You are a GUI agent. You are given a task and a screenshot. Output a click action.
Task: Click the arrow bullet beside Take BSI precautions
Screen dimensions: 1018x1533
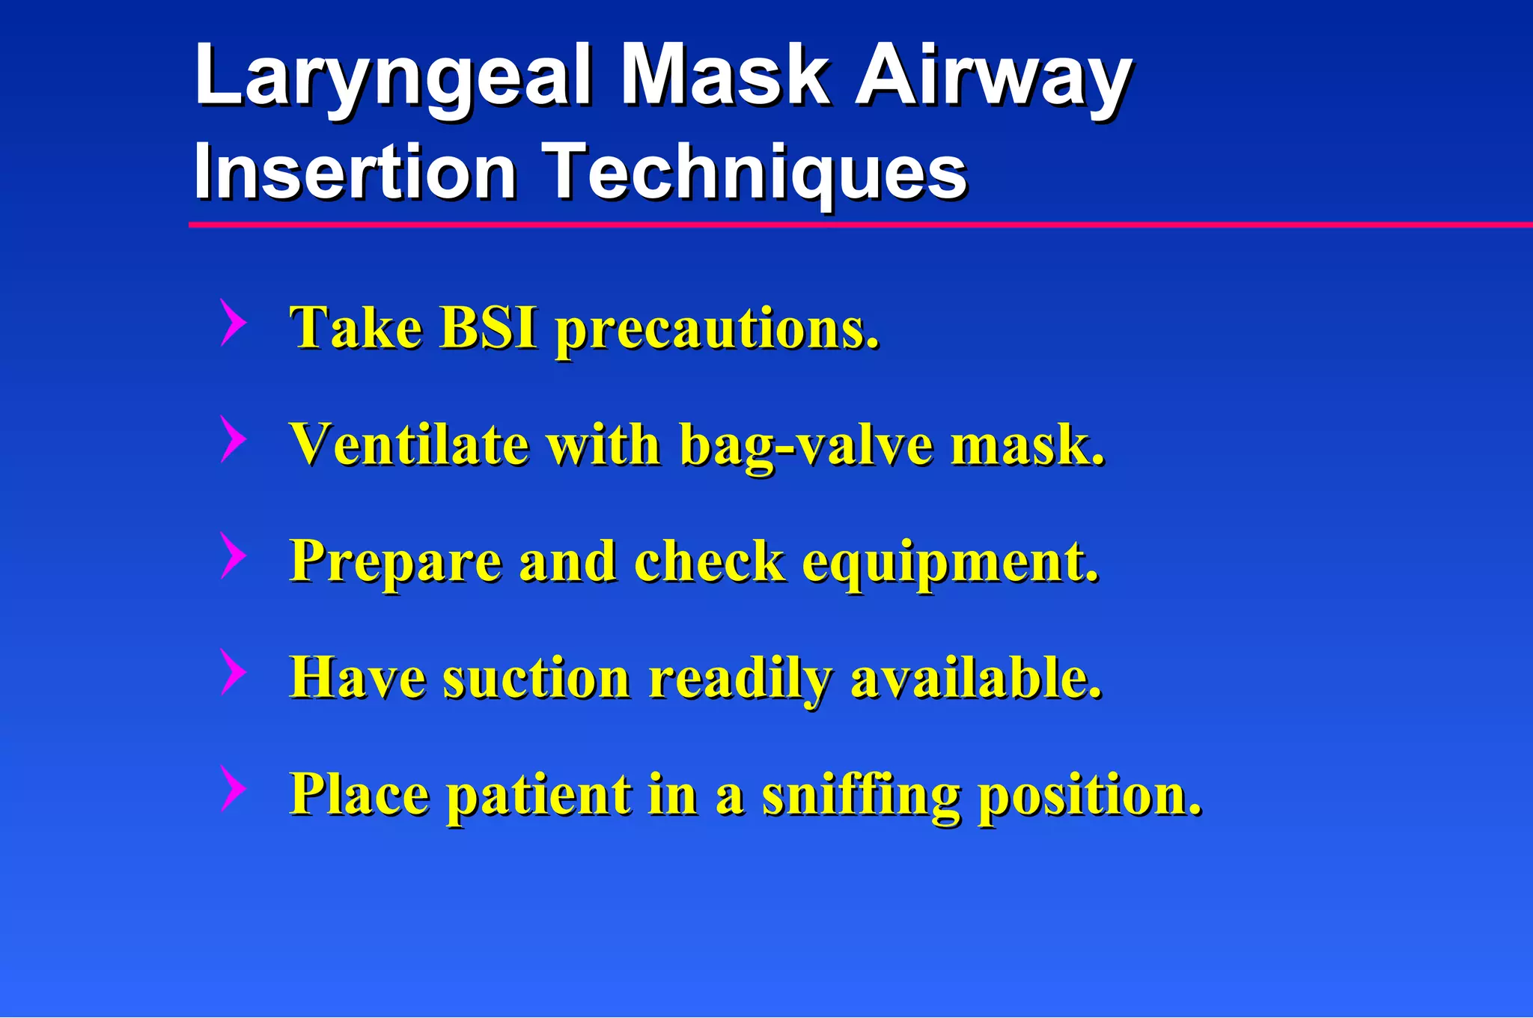click(233, 323)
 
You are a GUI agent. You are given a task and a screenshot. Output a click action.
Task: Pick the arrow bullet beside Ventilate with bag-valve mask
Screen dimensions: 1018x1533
click(233, 439)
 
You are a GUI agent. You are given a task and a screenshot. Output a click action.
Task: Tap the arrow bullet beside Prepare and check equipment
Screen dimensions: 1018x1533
click(233, 555)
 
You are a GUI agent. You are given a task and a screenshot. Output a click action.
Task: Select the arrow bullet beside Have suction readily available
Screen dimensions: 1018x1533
click(233, 672)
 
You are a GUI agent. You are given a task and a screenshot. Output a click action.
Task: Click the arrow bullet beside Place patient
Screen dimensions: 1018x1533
click(233, 788)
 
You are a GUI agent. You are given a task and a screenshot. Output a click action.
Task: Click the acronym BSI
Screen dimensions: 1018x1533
click(488, 327)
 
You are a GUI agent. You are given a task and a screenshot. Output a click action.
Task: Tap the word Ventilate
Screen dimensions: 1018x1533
click(409, 445)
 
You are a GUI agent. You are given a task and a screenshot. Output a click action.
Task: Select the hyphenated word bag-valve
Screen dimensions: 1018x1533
click(807, 448)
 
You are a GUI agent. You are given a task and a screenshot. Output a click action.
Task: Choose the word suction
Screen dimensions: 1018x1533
click(536, 678)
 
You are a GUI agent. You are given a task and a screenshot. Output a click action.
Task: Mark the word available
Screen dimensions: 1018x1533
click(976, 678)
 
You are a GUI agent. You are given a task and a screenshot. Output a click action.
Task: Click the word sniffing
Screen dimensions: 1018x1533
click(861, 796)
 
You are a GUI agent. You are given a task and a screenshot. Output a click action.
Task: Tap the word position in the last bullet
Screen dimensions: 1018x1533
click(1090, 796)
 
